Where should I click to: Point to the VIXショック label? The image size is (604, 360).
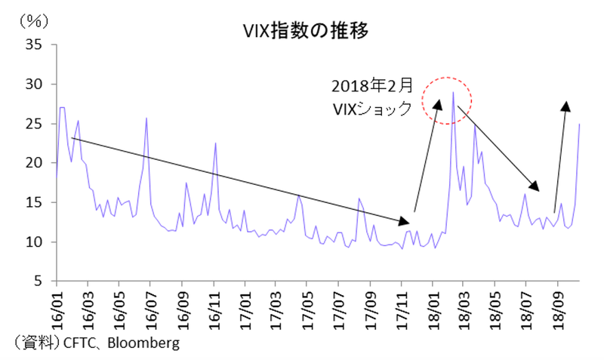(x=372, y=109)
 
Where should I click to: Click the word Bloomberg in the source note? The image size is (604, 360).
(x=143, y=343)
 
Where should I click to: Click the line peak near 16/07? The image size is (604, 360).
(x=146, y=118)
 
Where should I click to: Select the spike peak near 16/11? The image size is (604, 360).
(x=215, y=143)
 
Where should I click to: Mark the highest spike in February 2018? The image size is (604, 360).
(x=452, y=92)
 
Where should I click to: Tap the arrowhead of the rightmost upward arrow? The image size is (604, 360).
(x=566, y=105)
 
